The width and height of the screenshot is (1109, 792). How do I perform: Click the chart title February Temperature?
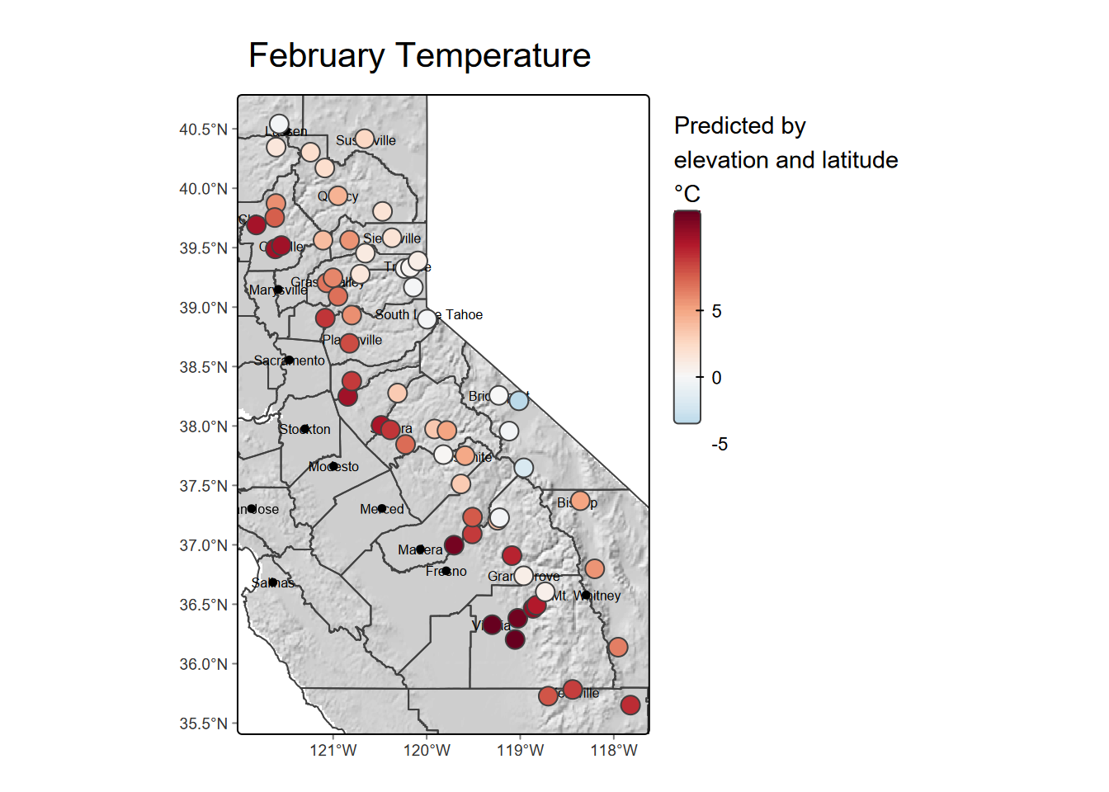(x=419, y=56)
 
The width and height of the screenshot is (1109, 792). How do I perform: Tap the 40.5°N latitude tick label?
(x=203, y=130)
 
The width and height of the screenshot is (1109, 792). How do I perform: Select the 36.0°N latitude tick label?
(x=203, y=664)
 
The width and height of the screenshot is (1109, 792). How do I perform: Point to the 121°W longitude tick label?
(x=333, y=750)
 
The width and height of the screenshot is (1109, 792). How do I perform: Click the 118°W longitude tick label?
(x=614, y=750)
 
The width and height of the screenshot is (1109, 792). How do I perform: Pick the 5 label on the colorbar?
(x=716, y=311)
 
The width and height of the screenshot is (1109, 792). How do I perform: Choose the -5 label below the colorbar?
(x=720, y=445)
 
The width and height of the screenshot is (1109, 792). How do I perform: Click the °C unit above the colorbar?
(x=687, y=194)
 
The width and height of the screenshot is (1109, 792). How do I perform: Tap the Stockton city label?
(x=304, y=430)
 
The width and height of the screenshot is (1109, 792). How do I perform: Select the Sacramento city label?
(x=289, y=361)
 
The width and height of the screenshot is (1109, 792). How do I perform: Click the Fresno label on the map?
(x=446, y=572)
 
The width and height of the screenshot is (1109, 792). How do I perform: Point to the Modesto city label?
(x=333, y=467)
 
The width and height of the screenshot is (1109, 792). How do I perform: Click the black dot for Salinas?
(x=272, y=582)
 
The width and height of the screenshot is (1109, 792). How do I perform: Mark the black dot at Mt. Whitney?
(x=585, y=595)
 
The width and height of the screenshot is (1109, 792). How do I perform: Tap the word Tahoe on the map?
(x=464, y=315)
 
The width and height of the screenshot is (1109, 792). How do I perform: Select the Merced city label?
(x=381, y=510)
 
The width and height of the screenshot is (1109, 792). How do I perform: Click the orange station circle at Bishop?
(x=580, y=501)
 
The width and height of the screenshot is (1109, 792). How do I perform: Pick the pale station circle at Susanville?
(x=365, y=139)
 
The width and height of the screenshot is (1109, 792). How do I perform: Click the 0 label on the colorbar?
(x=716, y=378)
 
